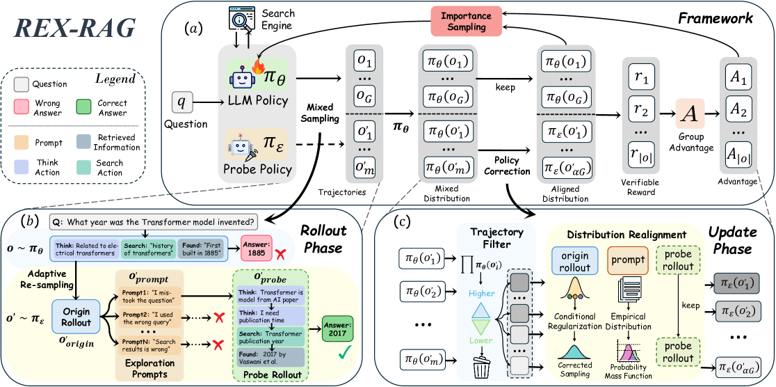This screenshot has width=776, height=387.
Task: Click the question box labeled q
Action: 183,102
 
